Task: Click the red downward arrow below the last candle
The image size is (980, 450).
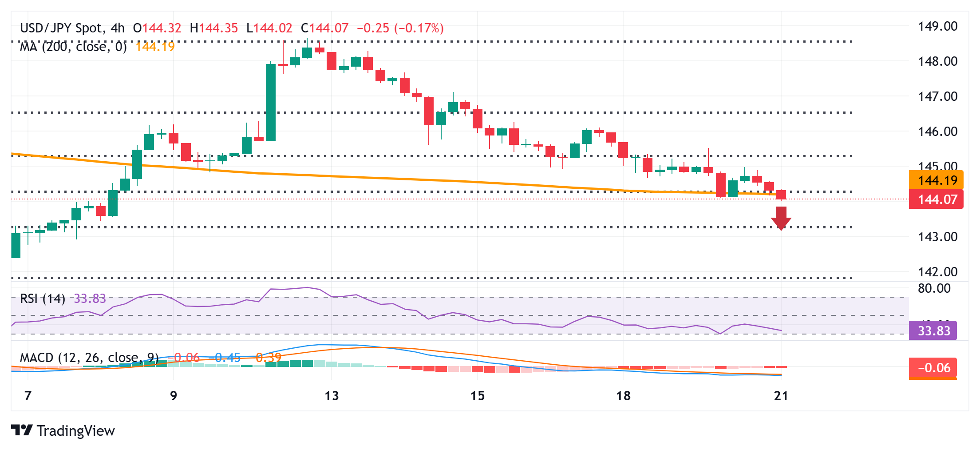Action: [781, 218]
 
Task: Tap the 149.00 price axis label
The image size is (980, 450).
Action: [937, 27]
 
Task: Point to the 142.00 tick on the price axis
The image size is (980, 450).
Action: [937, 271]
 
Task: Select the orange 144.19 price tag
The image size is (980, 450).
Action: [936, 180]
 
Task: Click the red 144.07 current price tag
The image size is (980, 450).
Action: [936, 199]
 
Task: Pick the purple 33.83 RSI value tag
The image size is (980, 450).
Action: [933, 331]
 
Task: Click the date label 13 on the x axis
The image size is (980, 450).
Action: [332, 396]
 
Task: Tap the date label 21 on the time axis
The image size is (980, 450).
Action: [781, 396]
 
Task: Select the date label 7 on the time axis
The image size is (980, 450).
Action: [28, 396]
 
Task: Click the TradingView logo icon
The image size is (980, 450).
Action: [21, 430]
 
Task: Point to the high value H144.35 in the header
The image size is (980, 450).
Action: [214, 28]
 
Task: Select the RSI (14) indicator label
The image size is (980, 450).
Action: [43, 299]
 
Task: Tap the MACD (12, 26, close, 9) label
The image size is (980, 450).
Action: [89, 358]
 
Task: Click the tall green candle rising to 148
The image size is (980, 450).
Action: [271, 102]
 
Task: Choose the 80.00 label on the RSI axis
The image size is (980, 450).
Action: [934, 288]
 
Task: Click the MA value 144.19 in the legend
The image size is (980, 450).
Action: [155, 47]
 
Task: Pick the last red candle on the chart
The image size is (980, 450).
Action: [781, 195]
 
